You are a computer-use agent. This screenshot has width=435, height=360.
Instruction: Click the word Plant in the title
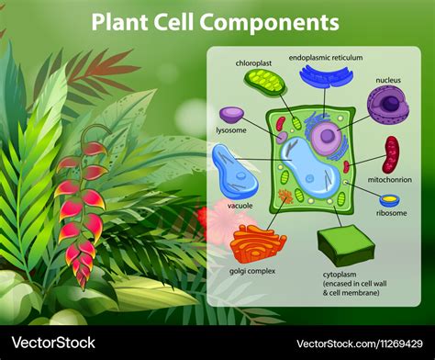tap(122, 21)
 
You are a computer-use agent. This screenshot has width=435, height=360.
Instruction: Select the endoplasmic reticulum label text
tap(326, 57)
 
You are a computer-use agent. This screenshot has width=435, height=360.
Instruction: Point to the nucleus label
tap(388, 80)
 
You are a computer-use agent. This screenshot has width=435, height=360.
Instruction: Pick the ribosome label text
tap(391, 213)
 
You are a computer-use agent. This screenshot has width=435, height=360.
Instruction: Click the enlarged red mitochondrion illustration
tap(392, 154)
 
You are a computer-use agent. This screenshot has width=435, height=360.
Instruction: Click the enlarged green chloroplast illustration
tap(264, 84)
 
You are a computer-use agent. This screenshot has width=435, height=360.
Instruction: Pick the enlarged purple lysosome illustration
tap(232, 116)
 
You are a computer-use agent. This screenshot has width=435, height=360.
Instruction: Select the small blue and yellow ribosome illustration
tap(389, 199)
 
